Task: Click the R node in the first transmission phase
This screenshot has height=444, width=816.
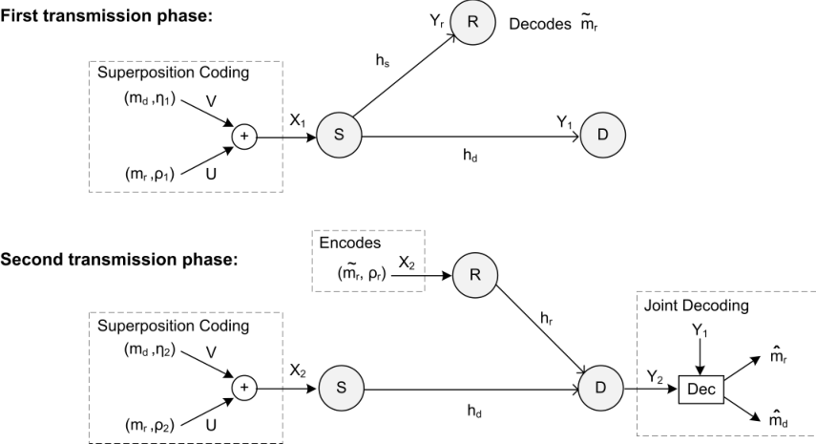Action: pyautogui.click(x=472, y=22)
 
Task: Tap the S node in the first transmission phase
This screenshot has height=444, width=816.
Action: pyautogui.click(x=339, y=135)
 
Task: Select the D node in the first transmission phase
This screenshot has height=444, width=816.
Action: pyautogui.click(x=602, y=135)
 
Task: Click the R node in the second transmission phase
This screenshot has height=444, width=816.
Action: pyautogui.click(x=475, y=275)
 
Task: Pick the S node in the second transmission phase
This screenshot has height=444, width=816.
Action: pyautogui.click(x=342, y=388)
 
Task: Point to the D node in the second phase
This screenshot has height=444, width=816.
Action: pyautogui.click(x=600, y=388)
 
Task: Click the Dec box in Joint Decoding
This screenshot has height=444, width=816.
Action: pyautogui.click(x=701, y=390)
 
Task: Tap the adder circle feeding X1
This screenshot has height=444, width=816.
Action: pyautogui.click(x=244, y=137)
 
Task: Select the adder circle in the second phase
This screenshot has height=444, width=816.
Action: pyautogui.click(x=244, y=389)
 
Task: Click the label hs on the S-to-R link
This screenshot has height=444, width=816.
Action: pyautogui.click(x=383, y=60)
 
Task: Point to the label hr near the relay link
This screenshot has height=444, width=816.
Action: pyautogui.click(x=547, y=318)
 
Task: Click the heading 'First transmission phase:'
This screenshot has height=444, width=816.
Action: pyautogui.click(x=106, y=15)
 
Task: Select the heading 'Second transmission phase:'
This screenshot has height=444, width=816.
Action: pyautogui.click(x=118, y=259)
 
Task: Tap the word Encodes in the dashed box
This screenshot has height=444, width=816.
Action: pyautogui.click(x=349, y=243)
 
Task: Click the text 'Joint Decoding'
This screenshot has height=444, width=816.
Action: pyautogui.click(x=697, y=306)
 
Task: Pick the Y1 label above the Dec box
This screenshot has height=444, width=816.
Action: pyautogui.click(x=700, y=330)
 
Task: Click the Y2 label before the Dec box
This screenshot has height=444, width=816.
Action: pyautogui.click(x=655, y=376)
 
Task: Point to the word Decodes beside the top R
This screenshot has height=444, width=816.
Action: pyautogui.click(x=539, y=25)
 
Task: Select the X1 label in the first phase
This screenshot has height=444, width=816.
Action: pyautogui.click(x=297, y=120)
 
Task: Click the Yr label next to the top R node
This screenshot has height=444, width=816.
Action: pyautogui.click(x=436, y=21)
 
